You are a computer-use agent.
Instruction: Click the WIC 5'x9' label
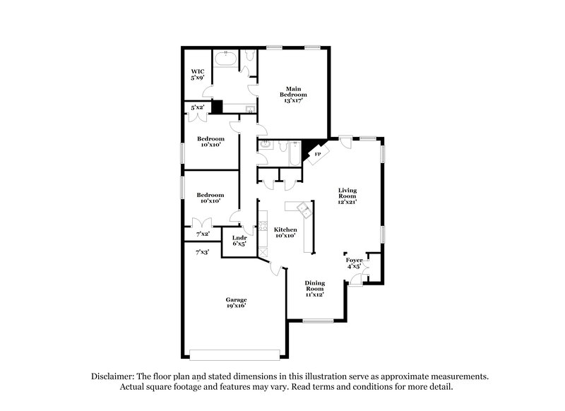tap(198, 74)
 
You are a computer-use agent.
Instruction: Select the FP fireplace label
tap(317, 154)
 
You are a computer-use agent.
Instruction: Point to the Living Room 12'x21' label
tap(347, 196)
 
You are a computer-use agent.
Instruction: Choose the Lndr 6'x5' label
tap(239, 242)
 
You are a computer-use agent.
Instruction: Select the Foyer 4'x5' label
tap(354, 263)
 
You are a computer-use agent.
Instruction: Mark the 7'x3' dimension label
tap(203, 251)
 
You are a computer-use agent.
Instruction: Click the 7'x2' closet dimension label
tap(203, 233)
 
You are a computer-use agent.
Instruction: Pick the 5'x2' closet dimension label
tap(198, 107)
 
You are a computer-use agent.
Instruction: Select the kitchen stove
tap(263, 229)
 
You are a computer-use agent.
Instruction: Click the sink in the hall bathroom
tap(265, 145)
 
